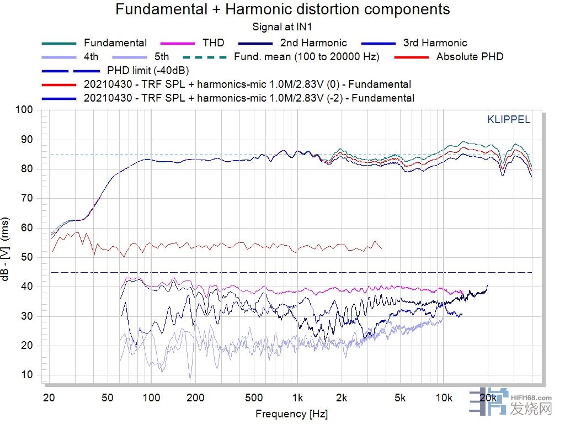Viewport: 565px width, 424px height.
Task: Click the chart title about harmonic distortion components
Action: click(x=282, y=9)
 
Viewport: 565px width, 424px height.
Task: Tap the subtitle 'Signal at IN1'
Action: click(x=282, y=26)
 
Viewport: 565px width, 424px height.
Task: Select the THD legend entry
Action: click(x=213, y=43)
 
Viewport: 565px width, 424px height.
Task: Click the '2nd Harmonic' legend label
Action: click(x=313, y=43)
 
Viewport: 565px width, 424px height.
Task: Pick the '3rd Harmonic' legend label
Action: click(x=435, y=43)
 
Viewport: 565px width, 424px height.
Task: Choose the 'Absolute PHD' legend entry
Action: click(x=470, y=57)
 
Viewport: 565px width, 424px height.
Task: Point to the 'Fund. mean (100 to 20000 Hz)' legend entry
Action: click(x=306, y=57)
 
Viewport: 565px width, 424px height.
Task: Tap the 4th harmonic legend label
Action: click(x=91, y=57)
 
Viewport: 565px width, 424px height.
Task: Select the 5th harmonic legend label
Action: click(x=162, y=57)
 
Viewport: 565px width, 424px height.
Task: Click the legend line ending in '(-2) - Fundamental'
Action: click(x=249, y=98)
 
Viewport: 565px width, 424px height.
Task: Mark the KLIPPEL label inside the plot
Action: click(x=508, y=120)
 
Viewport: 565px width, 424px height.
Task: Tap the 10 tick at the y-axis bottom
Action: click(x=28, y=375)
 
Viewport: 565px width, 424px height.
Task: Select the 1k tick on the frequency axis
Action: click(x=297, y=398)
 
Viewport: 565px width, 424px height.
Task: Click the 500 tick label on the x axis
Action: click(x=253, y=398)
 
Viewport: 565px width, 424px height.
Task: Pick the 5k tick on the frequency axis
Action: click(x=400, y=398)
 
